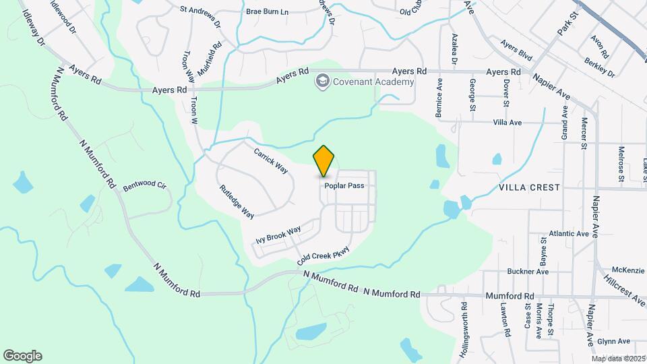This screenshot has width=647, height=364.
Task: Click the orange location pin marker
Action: tap(324, 160)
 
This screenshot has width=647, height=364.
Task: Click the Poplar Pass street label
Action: tap(344, 185)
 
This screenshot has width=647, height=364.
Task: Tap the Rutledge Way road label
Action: tap(237, 202)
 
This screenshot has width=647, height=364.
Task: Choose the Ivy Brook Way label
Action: tap(278, 235)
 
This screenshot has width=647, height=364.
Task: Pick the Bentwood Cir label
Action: tap(144, 184)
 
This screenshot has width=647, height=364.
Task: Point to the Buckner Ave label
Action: tap(528, 272)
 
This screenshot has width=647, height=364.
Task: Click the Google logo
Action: tap(22, 355)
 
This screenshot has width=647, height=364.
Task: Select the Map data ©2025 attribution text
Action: tap(619, 358)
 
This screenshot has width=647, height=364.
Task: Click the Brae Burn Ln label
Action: tap(267, 12)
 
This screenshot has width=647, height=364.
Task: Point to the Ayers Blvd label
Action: tap(516, 49)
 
